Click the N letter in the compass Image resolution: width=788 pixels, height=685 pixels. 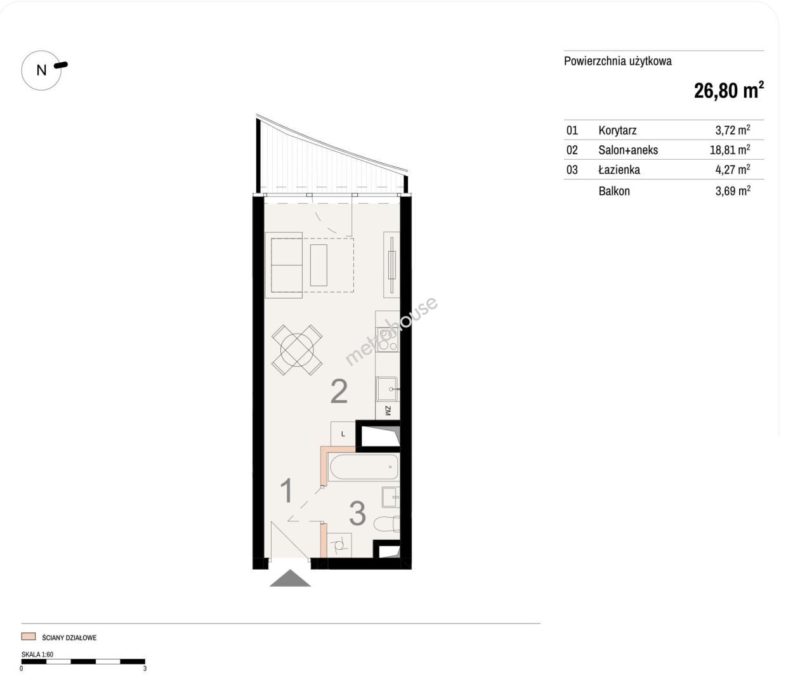[41, 70]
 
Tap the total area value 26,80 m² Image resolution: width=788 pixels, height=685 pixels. [729, 91]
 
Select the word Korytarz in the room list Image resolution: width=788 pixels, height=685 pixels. [617, 130]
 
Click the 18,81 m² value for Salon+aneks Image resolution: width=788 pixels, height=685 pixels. [730, 150]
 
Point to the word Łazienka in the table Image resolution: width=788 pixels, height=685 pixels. [619, 169]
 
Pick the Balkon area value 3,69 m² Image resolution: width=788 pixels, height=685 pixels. [733, 191]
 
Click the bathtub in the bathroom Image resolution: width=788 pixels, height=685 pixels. [363, 467]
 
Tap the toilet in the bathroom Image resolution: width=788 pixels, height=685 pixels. [386, 524]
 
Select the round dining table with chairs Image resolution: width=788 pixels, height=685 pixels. [297, 349]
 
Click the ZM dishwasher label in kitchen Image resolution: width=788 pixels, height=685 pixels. [388, 410]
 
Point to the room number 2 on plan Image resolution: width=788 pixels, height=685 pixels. [339, 391]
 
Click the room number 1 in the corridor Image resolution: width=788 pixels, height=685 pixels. [287, 490]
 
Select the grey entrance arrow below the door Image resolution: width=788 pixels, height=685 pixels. [290, 578]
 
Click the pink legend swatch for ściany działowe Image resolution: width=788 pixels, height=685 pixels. [29, 637]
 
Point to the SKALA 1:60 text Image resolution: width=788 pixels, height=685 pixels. [37, 654]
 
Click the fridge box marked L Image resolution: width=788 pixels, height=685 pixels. [343, 434]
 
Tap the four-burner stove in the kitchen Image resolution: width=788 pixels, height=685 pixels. [388, 339]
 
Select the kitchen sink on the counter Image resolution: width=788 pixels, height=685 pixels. [387, 389]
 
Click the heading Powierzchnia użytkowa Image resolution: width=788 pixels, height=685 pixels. [618, 62]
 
